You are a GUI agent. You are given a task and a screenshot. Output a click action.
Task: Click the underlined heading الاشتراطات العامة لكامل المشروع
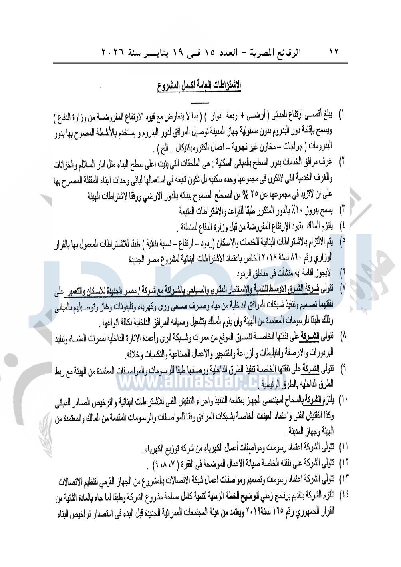pos(199,86)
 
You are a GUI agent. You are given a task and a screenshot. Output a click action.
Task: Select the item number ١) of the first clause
pos(342,114)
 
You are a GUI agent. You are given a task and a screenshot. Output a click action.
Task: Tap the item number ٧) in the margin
pos(342,287)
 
